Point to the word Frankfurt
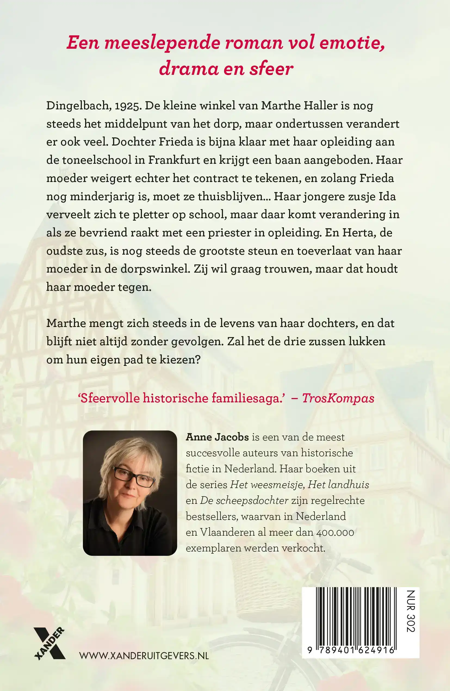[174, 160]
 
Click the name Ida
[387, 197]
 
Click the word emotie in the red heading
[352, 43]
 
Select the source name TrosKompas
[338, 398]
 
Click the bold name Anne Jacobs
[217, 437]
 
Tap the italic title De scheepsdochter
[244, 501]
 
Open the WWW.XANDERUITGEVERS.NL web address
[144, 656]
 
